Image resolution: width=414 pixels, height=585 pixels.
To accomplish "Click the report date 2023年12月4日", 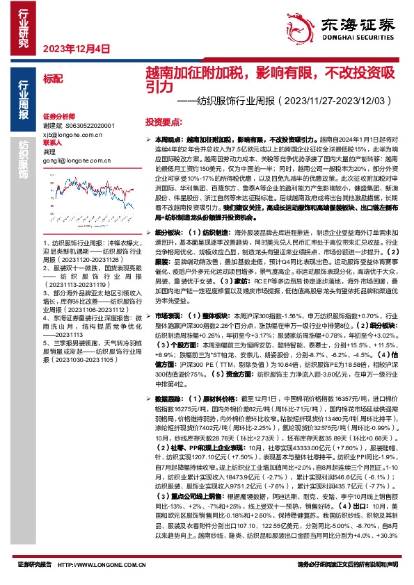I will click(x=77, y=49).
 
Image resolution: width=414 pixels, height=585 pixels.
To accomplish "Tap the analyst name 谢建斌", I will click(x=52, y=125).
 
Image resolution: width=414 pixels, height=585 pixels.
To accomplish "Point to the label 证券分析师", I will click(x=58, y=116).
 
